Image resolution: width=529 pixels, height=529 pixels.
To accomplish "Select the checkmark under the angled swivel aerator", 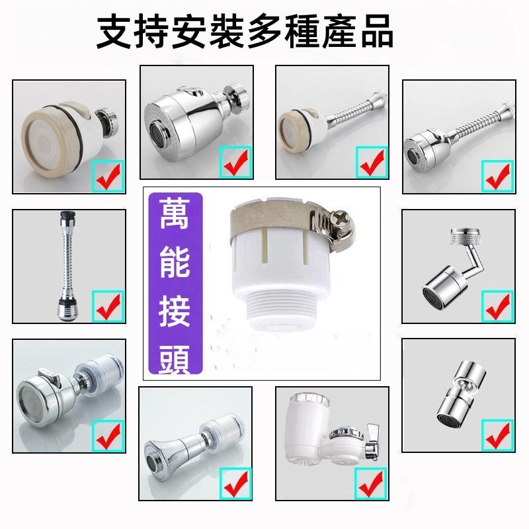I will click(497, 304).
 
